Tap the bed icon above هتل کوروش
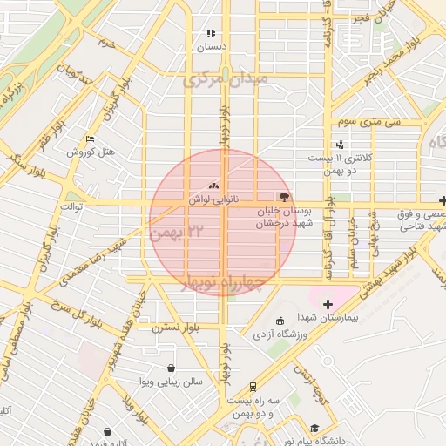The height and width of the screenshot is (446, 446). click(91, 139)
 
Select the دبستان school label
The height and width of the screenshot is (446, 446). click(210, 45)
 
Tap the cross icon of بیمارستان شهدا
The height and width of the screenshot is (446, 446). click(328, 304)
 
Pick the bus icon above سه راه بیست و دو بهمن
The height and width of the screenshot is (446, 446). click(253, 386)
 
